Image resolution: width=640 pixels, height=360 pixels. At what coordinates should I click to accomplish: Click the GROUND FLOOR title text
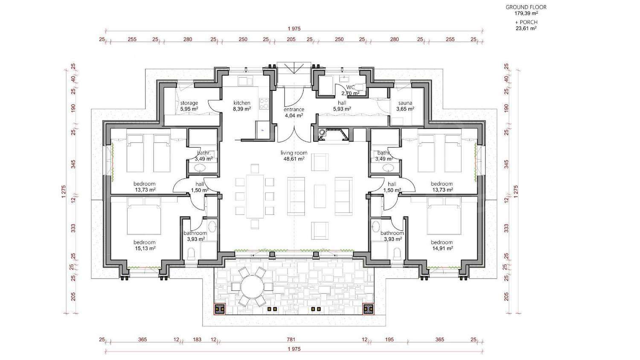click(x=526, y=7)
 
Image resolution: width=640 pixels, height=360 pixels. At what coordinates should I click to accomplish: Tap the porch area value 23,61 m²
click(x=526, y=28)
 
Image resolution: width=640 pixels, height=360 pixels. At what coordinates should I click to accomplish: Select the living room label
click(x=294, y=153)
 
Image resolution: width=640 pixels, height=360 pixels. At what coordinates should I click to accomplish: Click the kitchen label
click(x=242, y=103)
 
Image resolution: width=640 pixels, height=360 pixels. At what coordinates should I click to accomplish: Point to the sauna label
click(x=405, y=103)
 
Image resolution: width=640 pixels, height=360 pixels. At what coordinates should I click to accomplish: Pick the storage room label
click(x=189, y=103)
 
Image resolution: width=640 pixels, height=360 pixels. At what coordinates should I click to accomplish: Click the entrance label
click(x=294, y=110)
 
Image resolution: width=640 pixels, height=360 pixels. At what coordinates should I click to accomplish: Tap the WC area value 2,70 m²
click(x=350, y=93)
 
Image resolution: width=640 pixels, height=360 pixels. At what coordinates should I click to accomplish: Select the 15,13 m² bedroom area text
click(x=145, y=248)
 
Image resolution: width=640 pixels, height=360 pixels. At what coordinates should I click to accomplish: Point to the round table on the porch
click(x=252, y=287)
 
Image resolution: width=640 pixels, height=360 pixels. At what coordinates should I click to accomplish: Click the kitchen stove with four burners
click(x=264, y=103)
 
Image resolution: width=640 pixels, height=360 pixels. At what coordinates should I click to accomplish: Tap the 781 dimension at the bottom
click(x=291, y=340)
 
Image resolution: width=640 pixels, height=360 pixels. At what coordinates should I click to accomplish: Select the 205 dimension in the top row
click(x=291, y=39)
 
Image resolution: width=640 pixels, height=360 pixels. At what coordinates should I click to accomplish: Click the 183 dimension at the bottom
click(x=197, y=340)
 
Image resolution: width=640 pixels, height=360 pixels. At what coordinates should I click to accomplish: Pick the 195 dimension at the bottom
click(x=390, y=340)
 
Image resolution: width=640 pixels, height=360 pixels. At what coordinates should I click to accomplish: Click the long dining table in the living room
click(x=255, y=196)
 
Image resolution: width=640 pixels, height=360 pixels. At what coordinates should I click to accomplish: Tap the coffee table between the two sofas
click(x=320, y=196)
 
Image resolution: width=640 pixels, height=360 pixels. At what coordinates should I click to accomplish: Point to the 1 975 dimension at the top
click(x=294, y=29)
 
